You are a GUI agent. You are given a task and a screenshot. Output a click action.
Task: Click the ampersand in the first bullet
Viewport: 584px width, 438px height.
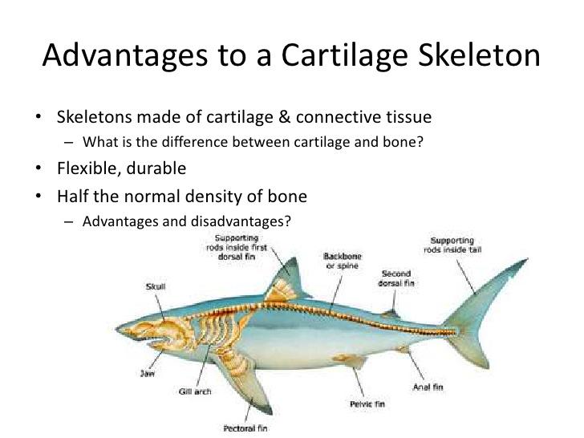tap(284, 118)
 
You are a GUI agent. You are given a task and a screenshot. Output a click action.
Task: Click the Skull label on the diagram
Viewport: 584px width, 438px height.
tap(156, 286)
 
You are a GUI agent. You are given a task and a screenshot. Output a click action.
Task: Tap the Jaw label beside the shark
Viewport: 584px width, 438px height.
tap(146, 373)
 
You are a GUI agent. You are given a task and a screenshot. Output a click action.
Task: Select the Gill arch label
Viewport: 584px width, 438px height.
tap(195, 391)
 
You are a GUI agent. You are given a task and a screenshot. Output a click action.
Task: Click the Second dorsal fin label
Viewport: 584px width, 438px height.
tap(395, 278)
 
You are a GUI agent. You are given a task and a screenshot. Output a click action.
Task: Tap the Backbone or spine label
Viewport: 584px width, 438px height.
tap(341, 261)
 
